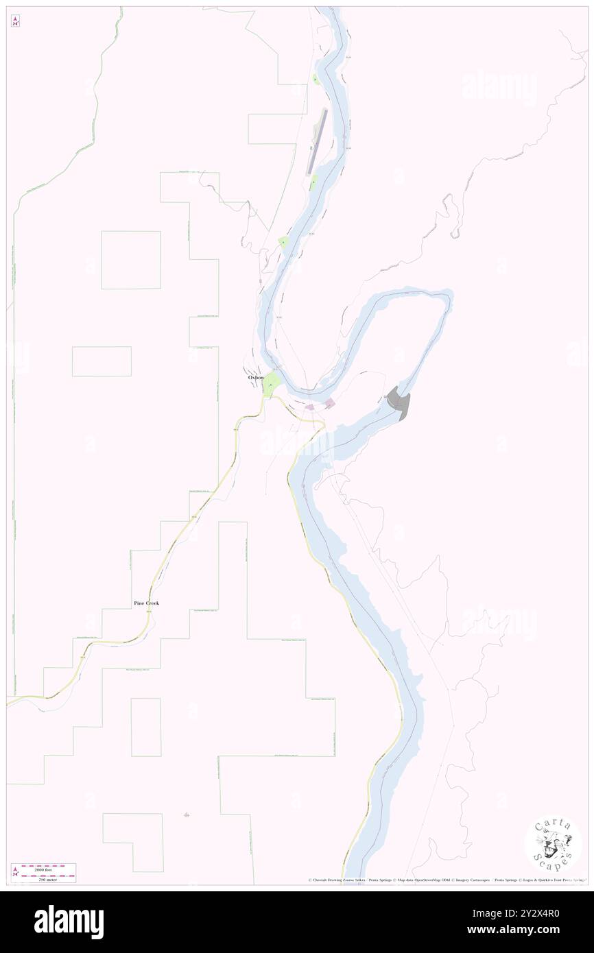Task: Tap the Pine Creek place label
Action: click(x=147, y=603)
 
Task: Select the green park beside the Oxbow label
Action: click(x=272, y=385)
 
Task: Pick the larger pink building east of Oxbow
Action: click(x=330, y=403)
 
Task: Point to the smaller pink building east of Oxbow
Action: click(x=310, y=407)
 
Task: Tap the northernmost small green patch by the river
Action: click(x=316, y=80)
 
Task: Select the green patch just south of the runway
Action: click(x=314, y=182)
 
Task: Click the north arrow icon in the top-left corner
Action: click(x=15, y=21)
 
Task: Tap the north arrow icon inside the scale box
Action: click(x=15, y=873)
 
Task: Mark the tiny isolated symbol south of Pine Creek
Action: click(x=187, y=815)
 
